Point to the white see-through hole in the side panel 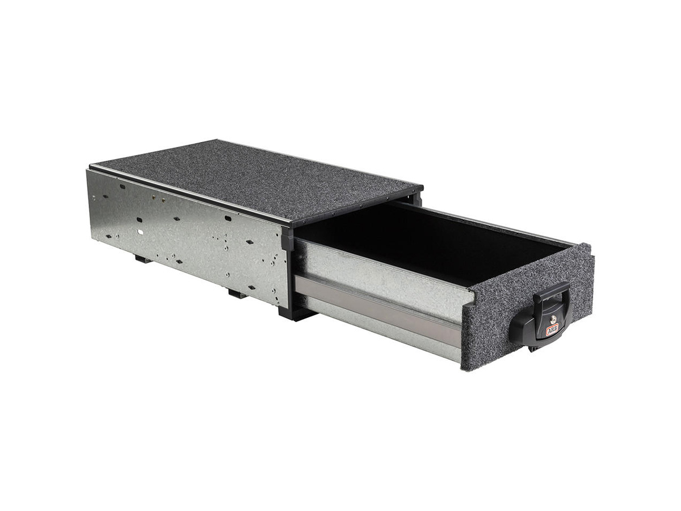point(140,231)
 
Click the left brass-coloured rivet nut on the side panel point(153,196)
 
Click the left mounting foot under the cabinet point(143,258)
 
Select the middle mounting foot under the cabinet point(237,293)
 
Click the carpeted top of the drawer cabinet point(258,177)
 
